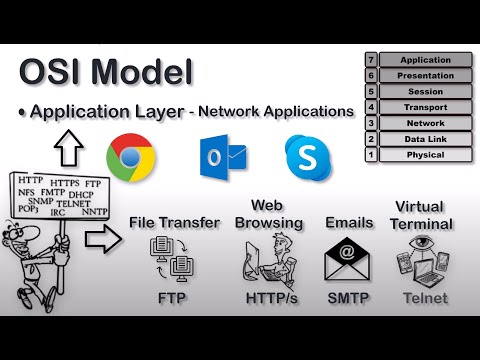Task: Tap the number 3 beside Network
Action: [371, 124]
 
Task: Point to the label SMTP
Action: [348, 297]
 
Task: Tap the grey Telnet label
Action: [424, 297]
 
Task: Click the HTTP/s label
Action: [269, 297]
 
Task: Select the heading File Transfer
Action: [174, 222]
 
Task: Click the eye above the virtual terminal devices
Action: [425, 243]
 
